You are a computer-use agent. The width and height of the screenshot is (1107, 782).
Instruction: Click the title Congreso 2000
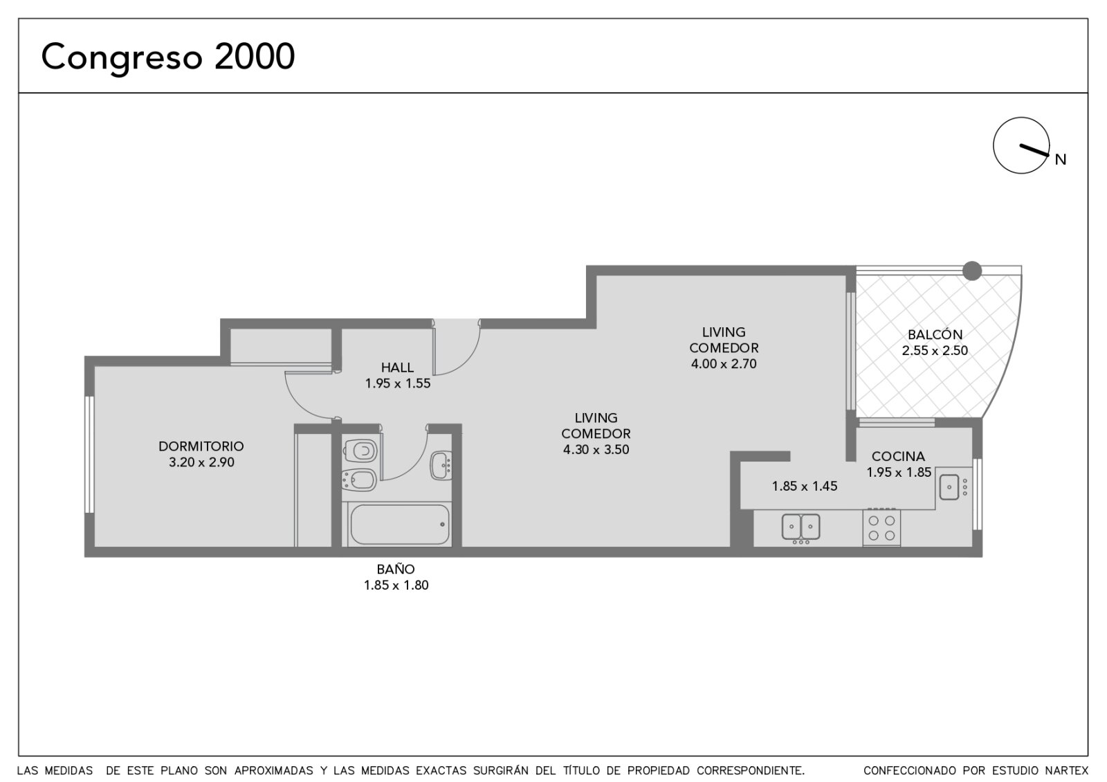168,57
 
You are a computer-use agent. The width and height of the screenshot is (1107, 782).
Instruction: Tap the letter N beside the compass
1061,160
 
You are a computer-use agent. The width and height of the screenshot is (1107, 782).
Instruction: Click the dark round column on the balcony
971,271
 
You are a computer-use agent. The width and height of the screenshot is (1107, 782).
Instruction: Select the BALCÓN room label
935,335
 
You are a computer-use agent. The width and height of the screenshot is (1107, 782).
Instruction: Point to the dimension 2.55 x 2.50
935,350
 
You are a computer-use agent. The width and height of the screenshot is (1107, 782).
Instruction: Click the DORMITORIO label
201,446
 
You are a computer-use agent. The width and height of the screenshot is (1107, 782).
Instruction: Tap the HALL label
397,367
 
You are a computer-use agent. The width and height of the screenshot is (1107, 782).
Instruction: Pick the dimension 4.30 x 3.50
596,450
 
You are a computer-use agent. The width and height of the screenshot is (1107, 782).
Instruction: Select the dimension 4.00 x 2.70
724,364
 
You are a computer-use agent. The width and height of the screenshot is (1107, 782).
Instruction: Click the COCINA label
898,456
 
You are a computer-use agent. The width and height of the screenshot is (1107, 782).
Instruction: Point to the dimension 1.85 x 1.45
805,487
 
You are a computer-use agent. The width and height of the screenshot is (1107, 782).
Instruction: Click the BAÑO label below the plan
396,570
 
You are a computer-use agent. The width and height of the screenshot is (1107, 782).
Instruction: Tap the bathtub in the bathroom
399,525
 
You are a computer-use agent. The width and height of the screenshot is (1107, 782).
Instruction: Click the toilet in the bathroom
360,451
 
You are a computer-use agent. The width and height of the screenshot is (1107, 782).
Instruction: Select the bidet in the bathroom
359,480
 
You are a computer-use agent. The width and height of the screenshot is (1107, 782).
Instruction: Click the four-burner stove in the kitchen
881,527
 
